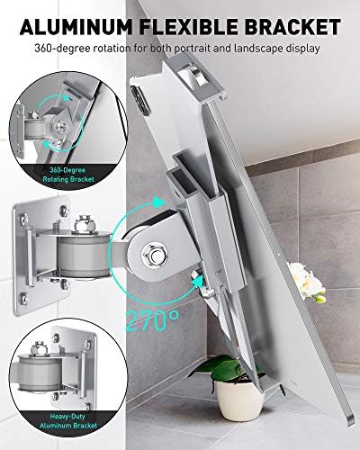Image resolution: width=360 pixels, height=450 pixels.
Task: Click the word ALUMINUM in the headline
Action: click(x=76, y=27)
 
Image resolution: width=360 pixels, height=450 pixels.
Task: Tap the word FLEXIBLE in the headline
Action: click(x=188, y=27)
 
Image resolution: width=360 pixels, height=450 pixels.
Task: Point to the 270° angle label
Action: click(x=152, y=319)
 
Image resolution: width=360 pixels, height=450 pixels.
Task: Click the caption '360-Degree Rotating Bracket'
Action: click(x=68, y=175)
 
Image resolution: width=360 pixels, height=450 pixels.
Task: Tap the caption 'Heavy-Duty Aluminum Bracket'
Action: click(x=68, y=421)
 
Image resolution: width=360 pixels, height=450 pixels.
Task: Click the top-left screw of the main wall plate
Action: click(x=24, y=219)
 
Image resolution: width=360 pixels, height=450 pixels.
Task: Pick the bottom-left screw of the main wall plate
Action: click(x=24, y=298)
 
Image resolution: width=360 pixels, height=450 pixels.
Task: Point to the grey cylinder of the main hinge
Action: click(x=83, y=255)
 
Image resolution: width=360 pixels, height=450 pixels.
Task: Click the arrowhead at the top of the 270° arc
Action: click(x=158, y=202)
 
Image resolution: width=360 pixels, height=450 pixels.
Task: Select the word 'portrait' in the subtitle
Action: click(x=192, y=48)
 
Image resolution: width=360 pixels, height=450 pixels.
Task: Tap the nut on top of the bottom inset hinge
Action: click(x=40, y=347)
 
